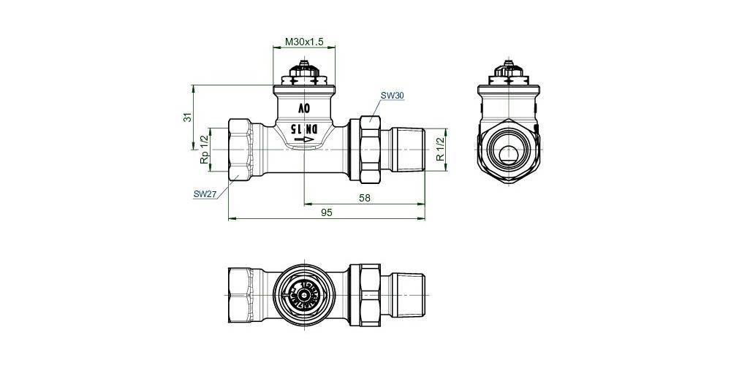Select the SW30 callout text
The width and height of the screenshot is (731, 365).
[392, 96]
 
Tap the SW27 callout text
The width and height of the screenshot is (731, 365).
[205, 194]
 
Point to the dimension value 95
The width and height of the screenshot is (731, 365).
[327, 212]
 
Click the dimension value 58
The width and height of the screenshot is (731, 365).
[363, 197]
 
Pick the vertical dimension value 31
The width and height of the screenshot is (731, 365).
[187, 117]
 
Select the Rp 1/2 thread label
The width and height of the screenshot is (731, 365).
[204, 150]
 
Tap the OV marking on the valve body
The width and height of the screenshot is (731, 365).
[303, 108]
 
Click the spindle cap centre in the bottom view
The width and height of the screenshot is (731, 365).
[304, 294]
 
